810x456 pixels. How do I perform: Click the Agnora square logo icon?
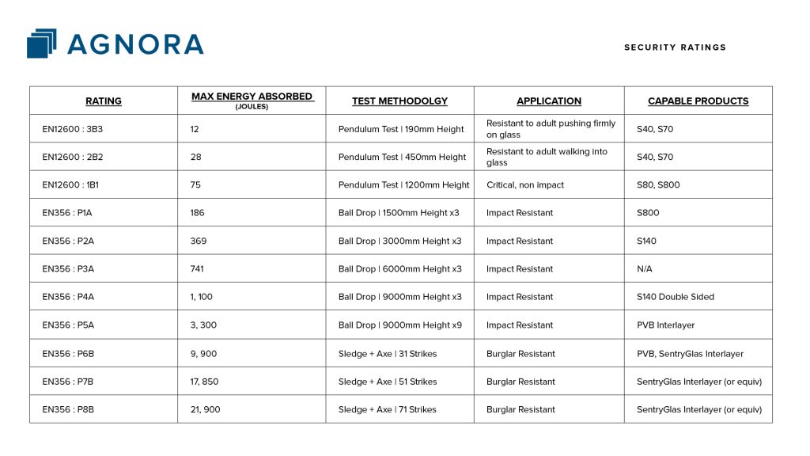[x=42, y=44]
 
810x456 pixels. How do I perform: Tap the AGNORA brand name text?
[x=135, y=44]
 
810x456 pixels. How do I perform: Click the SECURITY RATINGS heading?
[x=675, y=47]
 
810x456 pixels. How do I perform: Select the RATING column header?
[x=104, y=101]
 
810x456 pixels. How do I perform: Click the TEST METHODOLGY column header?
[x=399, y=101]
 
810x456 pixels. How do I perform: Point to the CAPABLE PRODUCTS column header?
[x=698, y=101]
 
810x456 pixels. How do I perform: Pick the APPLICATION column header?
[x=549, y=101]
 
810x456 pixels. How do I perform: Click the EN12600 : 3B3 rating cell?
[x=73, y=129]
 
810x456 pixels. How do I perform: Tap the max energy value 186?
[x=198, y=213]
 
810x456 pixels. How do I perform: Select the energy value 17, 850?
[x=205, y=382]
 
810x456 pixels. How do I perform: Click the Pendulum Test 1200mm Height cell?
[x=403, y=185]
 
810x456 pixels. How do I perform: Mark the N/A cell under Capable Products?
[x=645, y=269]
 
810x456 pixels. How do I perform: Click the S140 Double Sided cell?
[x=675, y=297]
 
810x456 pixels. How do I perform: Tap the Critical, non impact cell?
[x=525, y=185]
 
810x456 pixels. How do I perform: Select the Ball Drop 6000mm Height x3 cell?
[x=399, y=269]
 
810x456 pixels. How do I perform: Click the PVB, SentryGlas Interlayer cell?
[x=690, y=354]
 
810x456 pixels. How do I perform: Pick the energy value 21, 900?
[x=205, y=410]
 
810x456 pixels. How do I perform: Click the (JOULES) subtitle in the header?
[x=252, y=107]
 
